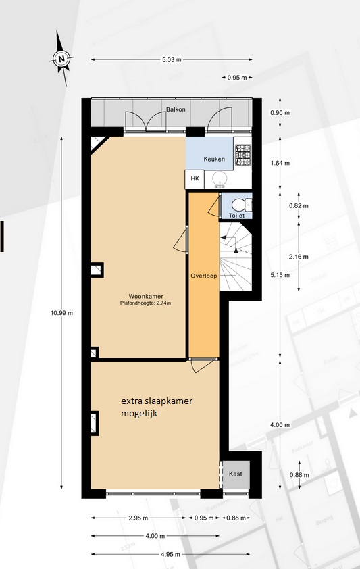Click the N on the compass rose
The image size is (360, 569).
[x=61, y=58]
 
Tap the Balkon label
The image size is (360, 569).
[x=176, y=109]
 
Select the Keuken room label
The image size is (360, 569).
[x=214, y=159]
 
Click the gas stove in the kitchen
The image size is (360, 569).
[x=243, y=155]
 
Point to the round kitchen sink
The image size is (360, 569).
[x=219, y=178]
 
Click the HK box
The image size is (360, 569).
[x=195, y=178]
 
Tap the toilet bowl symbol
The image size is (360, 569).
[x=241, y=205]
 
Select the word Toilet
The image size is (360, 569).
[x=236, y=216]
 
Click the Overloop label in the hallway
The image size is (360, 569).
[x=204, y=276]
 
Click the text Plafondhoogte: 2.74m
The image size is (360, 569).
[x=145, y=303]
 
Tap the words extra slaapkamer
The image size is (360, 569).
[x=157, y=401]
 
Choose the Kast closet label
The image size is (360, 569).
[x=236, y=474]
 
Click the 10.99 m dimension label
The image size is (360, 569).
[x=61, y=312]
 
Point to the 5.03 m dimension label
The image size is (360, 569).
[x=172, y=60]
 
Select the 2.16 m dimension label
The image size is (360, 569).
[x=299, y=257]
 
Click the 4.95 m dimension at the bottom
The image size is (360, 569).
[x=170, y=555]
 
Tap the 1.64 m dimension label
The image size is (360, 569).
[x=280, y=163]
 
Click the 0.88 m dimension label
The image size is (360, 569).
[x=299, y=475]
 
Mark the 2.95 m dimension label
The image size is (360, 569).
[x=138, y=518]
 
